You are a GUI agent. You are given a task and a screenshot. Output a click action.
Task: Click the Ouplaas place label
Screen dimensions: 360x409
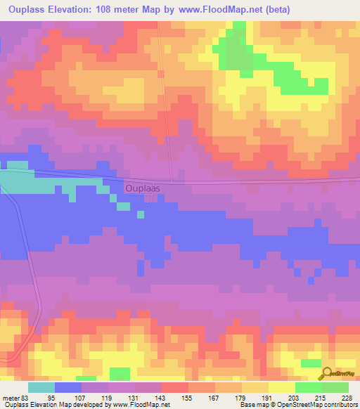pos(147,188)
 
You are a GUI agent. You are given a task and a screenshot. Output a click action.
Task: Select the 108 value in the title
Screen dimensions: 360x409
pos(115,10)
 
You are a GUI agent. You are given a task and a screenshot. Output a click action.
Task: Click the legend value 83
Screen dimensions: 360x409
pos(27,397)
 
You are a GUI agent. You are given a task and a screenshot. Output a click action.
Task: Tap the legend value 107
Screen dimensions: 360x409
pos(81,397)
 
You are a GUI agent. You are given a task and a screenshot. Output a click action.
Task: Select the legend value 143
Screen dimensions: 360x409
pos(161,397)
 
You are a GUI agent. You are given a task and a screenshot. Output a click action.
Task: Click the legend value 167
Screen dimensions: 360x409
pos(214,397)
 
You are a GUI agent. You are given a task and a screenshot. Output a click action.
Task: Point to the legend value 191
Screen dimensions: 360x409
pos(268,397)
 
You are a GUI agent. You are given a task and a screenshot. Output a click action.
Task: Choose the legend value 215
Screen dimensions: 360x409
pos(321,397)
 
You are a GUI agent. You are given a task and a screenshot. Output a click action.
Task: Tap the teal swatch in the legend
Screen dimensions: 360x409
pos(41,387)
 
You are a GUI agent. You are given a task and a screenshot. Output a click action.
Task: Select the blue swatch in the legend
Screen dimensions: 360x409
pos(68,387)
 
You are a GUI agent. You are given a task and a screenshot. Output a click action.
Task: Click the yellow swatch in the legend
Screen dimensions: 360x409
pos(282,387)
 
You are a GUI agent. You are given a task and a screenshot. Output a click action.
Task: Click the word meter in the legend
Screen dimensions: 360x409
pos(10,397)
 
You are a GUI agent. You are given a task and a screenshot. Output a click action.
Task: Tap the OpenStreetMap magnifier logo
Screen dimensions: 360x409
pos(326,373)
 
